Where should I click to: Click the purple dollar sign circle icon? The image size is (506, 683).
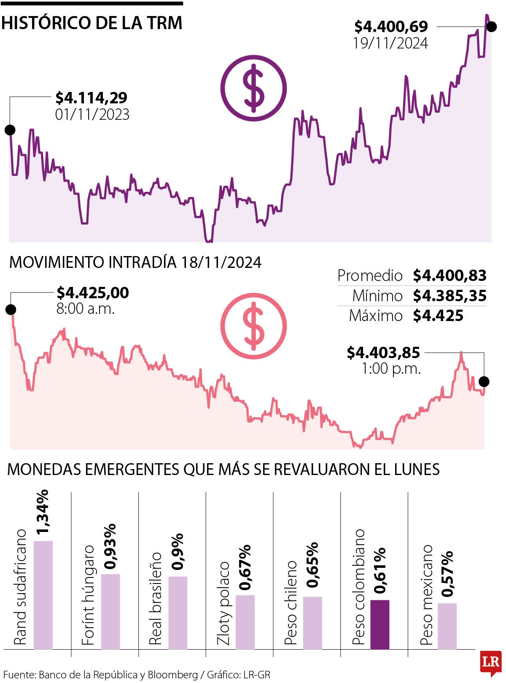coord(253,88)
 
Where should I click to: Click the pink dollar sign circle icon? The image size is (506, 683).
coord(253,326)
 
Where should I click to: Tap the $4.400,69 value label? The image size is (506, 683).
coord(391,26)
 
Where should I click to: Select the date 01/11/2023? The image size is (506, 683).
coord(92,115)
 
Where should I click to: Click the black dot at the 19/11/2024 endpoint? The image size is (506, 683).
coord(491,27)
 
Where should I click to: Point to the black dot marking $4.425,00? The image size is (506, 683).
coord(11,310)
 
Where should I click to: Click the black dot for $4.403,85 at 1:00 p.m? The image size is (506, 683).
coord(484,381)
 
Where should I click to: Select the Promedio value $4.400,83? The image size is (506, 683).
coord(449,275)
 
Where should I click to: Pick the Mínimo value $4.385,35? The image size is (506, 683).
coord(449,296)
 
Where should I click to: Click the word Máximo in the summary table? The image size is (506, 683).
coord(376,316)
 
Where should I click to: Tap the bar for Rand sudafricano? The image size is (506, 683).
coord(43,595)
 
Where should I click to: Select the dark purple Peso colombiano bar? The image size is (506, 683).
coord(379,624)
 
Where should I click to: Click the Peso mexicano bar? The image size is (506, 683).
coord(447,626)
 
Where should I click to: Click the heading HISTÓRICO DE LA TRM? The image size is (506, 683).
coord(92,23)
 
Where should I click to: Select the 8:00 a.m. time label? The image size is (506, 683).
coord(86,309)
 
